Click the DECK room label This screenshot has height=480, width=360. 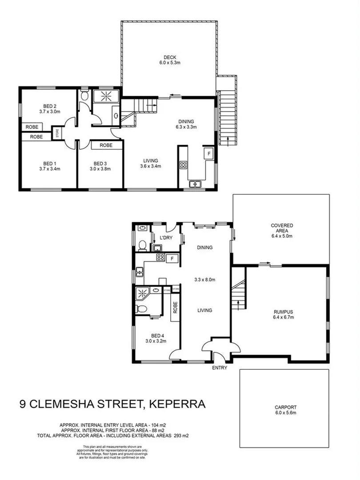(x=170, y=57)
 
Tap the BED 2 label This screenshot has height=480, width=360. (x=49, y=106)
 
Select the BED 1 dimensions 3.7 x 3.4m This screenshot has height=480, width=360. (x=49, y=169)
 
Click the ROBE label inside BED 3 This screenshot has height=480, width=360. (x=106, y=145)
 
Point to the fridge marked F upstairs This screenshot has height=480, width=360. (x=207, y=153)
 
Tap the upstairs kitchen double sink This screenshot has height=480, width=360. (x=195, y=184)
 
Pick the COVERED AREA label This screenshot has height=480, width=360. (x=282, y=225)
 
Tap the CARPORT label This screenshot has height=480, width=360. (x=285, y=407)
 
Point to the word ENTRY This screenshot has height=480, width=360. (x=220, y=368)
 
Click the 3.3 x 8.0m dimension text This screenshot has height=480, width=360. (x=204, y=280)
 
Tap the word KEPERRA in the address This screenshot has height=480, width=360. (x=177, y=404)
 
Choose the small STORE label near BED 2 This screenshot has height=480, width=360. (x=57, y=133)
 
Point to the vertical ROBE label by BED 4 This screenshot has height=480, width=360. (x=175, y=308)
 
